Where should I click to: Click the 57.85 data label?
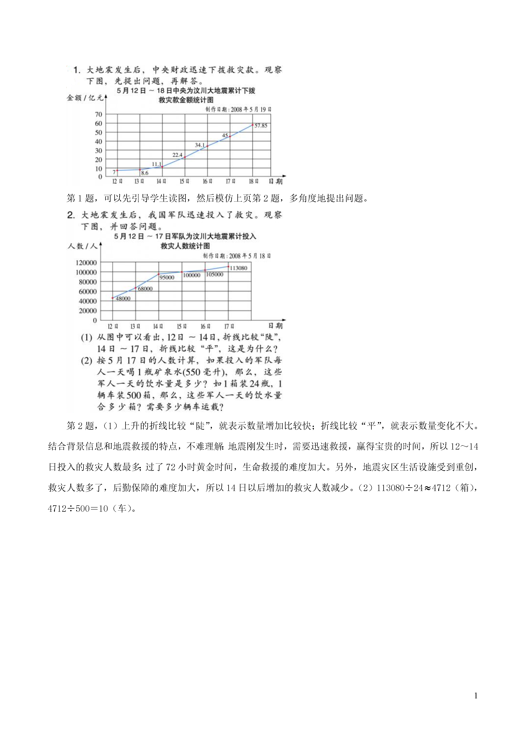(x=261, y=126)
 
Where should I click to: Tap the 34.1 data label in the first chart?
(x=200, y=145)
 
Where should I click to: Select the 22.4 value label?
(x=177, y=155)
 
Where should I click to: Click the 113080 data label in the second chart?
(x=238, y=268)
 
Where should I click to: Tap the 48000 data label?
(x=123, y=298)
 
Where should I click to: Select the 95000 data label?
(x=167, y=277)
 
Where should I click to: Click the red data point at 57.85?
(x=252, y=125)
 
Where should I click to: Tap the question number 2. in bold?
(x=71, y=215)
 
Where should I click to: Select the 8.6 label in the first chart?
(x=144, y=173)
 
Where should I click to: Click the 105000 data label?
(x=214, y=274)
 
